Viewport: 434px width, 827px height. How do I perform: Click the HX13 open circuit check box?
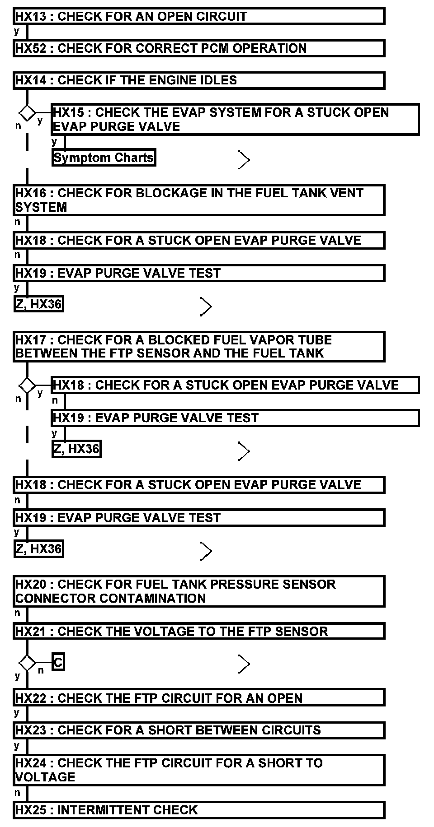click(199, 16)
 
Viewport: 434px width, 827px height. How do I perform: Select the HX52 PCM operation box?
click(199, 48)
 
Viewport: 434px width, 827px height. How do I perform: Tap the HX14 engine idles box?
click(199, 80)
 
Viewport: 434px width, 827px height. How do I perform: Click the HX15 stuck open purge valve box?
click(235, 119)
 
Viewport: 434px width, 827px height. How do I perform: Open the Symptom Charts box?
click(104, 158)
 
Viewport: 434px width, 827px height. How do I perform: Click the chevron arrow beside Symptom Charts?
click(244, 160)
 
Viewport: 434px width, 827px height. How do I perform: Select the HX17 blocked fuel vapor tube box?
click(199, 346)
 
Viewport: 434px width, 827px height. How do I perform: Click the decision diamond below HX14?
click(27, 112)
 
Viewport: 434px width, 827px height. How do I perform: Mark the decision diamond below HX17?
click(27, 385)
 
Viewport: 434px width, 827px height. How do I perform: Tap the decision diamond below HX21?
click(27, 663)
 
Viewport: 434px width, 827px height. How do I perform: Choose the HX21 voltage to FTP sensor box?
click(199, 631)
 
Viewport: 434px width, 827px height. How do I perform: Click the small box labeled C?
click(58, 662)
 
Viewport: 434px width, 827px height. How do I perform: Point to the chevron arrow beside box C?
click(244, 664)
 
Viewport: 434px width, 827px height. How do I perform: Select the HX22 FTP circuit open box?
click(199, 698)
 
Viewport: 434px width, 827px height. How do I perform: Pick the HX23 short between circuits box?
click(199, 730)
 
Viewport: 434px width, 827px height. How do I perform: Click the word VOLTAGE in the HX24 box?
click(45, 777)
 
